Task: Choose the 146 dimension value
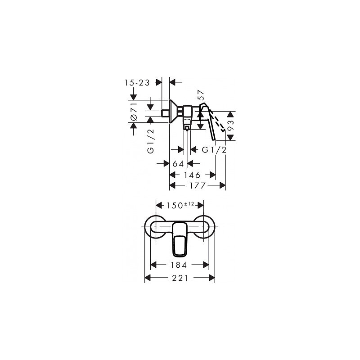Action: tap(191, 174)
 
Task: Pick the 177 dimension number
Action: tap(196, 185)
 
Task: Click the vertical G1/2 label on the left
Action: tap(152, 141)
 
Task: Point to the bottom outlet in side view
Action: tap(187, 127)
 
